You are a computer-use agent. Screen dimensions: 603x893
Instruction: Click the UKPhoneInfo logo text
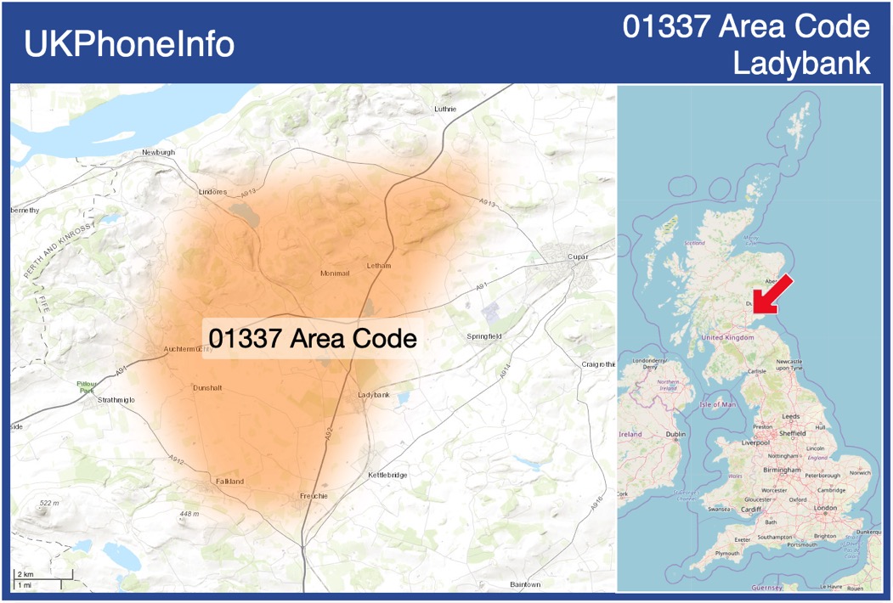click(x=129, y=44)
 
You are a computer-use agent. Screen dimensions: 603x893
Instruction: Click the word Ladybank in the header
click(x=801, y=64)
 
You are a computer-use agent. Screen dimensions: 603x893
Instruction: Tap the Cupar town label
click(x=579, y=256)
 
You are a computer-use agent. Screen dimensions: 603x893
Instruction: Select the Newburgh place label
click(x=158, y=152)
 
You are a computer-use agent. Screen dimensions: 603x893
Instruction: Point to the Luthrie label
click(x=445, y=110)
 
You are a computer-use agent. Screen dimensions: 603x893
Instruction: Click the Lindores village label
click(x=212, y=192)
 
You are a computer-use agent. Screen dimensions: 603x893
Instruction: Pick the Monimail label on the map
click(x=335, y=273)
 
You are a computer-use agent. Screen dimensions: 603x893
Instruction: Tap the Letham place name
click(x=378, y=266)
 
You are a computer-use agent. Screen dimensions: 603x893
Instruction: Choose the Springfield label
click(x=484, y=336)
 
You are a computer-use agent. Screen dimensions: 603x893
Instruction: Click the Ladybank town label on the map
click(x=374, y=395)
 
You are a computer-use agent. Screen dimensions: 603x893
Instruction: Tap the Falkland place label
click(x=229, y=482)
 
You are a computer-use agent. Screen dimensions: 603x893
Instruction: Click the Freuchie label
click(x=314, y=495)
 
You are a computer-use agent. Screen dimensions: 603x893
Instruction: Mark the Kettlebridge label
click(x=388, y=475)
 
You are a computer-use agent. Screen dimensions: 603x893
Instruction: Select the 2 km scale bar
click(x=42, y=575)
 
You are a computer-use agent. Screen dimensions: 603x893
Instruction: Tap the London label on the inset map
click(x=825, y=508)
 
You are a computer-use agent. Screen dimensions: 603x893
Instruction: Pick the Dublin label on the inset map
click(x=676, y=434)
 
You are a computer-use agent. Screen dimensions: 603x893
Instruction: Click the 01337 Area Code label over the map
click(x=313, y=339)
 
